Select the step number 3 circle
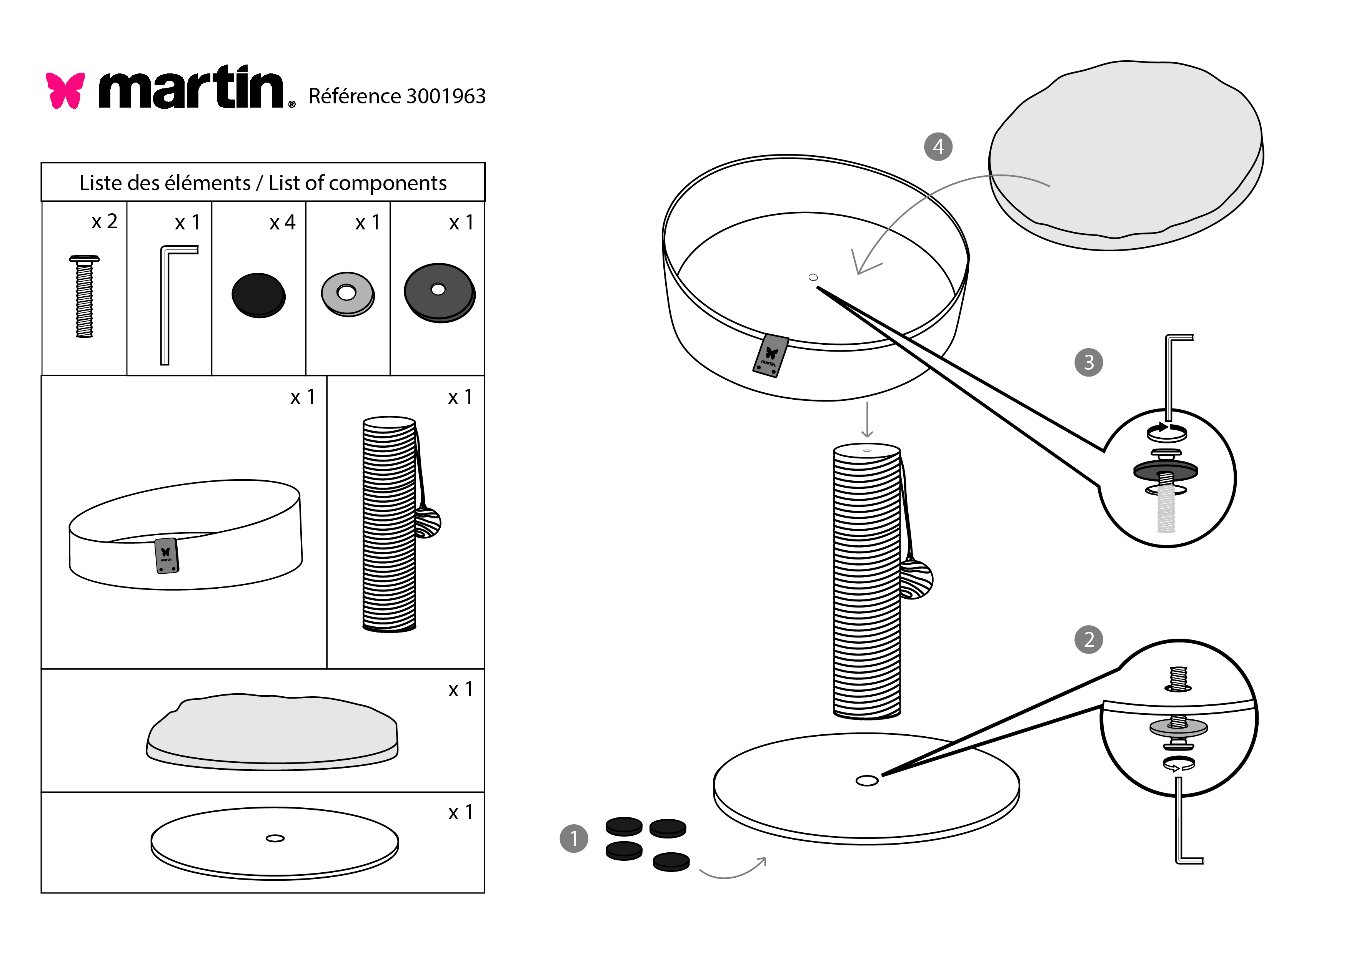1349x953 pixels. [1088, 362]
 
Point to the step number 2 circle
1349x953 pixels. [1088, 639]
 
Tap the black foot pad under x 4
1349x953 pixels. [258, 295]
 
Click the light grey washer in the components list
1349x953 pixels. [347, 294]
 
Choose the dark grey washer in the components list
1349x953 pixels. [439, 292]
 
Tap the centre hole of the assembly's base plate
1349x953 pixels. [867, 780]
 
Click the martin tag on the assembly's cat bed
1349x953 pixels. [770, 355]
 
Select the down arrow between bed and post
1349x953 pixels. [867, 420]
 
